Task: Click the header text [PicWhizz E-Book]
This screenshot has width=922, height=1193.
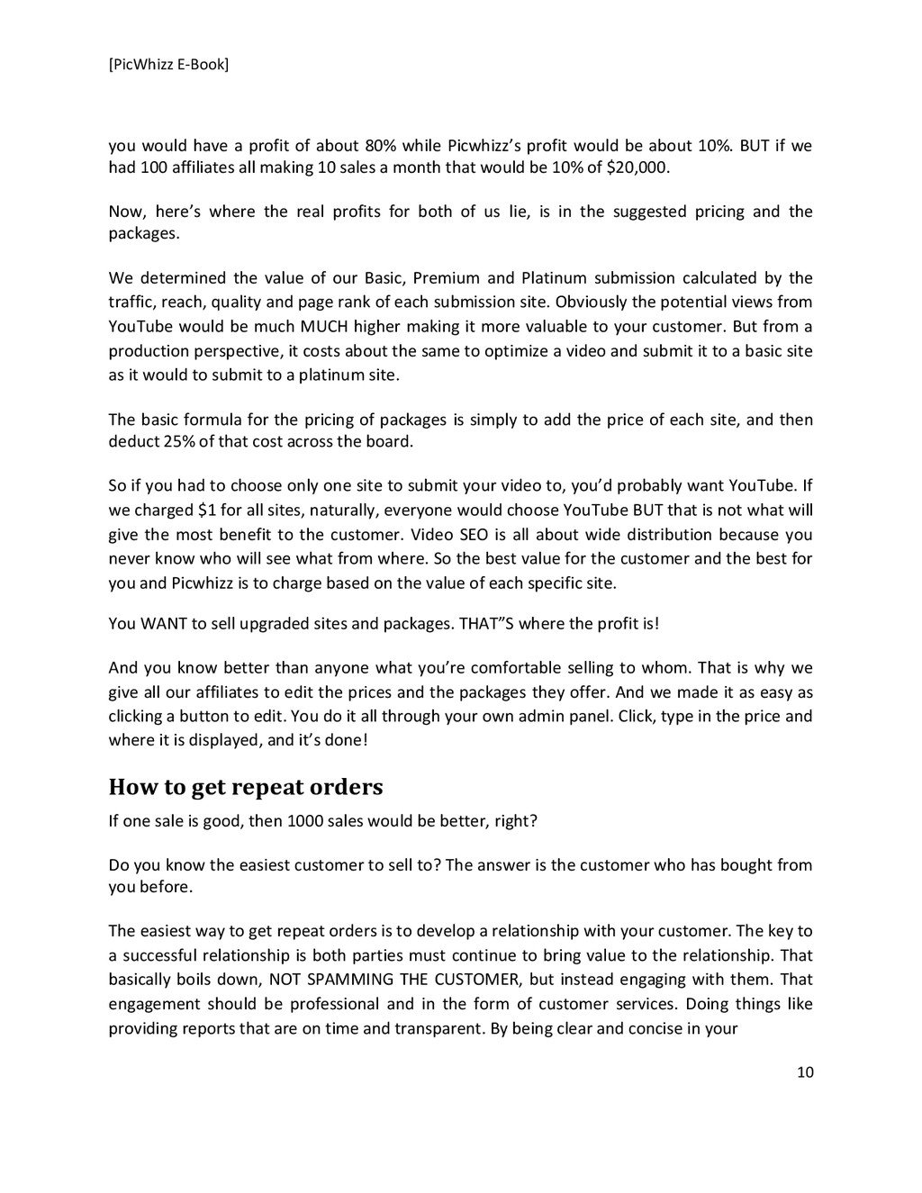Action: pos(168,64)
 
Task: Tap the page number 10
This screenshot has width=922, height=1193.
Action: pos(805,1071)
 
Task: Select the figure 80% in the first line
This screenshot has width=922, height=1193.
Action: pos(377,146)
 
